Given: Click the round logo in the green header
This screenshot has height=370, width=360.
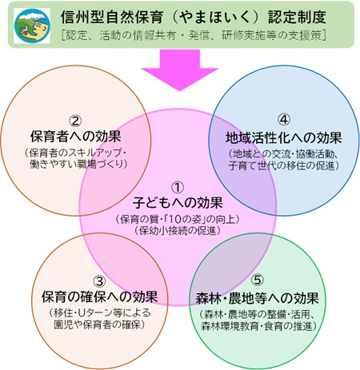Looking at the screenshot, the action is coord(32,26).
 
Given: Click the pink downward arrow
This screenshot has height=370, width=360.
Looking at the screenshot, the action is coord(180,70).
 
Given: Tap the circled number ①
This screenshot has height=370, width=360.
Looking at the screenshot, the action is coord(178,188).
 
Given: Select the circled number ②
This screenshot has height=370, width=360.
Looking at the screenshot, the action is coord(75,121).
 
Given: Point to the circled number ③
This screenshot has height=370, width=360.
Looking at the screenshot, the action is coord(99,281).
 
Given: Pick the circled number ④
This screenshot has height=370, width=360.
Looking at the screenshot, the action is coord(284,120).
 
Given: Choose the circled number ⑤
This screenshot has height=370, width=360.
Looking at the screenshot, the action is coord(258,280).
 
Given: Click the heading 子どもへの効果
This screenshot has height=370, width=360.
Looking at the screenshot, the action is coord(178,203).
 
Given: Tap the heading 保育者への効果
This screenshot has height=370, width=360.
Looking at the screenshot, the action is coord(76,137).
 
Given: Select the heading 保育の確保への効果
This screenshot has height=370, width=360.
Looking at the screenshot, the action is coord(99,296).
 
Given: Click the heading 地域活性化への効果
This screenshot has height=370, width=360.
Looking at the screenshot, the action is coord(284,137).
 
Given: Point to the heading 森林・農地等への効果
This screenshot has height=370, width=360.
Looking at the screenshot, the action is coord(258,298).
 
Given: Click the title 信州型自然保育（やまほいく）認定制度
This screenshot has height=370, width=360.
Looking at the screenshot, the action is coord(194,18).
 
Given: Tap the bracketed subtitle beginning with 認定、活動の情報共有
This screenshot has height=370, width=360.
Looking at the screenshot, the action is coord(194,35).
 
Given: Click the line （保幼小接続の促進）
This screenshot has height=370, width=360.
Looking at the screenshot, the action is coord(178,230).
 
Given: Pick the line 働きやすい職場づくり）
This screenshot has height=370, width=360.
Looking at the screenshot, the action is coord(78,164).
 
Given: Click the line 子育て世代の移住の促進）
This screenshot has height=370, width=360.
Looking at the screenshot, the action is coord(284,165).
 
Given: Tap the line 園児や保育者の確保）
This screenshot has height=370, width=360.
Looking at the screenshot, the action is coord(99,324).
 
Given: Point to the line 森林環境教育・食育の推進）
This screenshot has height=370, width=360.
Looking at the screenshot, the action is coord(258,326).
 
